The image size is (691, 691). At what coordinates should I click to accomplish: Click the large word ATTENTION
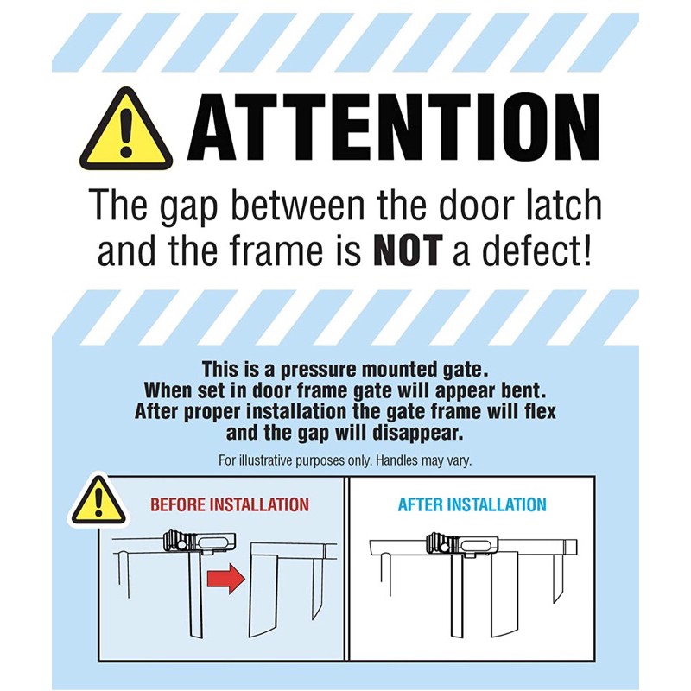coord(394,126)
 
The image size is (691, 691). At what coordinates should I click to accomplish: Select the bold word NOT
coord(407,250)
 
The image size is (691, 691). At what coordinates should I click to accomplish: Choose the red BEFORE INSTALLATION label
coord(230,504)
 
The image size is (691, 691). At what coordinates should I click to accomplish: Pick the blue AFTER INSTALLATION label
coord(472,504)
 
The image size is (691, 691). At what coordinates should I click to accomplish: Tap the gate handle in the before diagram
coord(200,542)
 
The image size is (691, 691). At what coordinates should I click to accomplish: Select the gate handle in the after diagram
coord(463,543)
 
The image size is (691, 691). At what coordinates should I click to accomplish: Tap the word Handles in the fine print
coord(396,460)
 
